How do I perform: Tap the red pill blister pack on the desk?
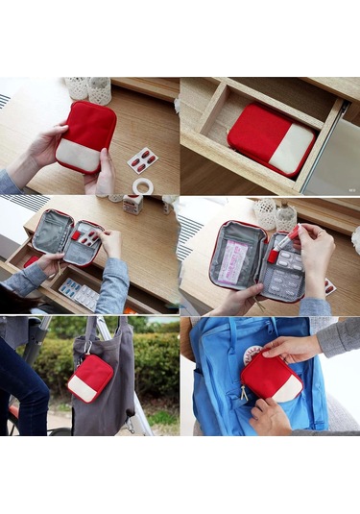click(x=143, y=159)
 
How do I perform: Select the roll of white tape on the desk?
click(x=143, y=185)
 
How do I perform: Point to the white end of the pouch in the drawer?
click(x=291, y=151)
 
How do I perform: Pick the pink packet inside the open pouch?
click(x=233, y=261)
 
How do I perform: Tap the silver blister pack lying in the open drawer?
click(x=79, y=294)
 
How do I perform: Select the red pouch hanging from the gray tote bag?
click(x=91, y=377)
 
